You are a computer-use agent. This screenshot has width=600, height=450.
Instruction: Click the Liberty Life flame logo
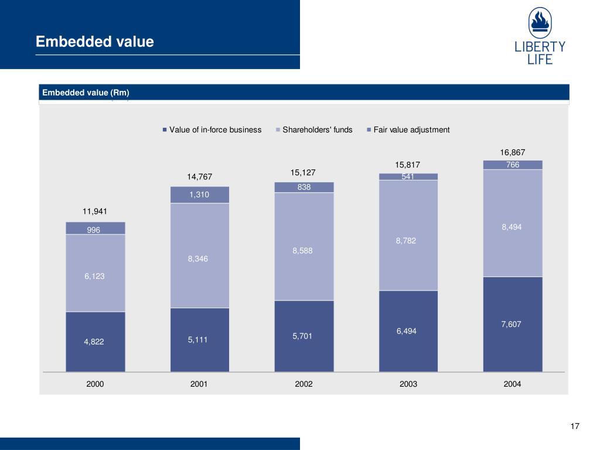tap(540, 23)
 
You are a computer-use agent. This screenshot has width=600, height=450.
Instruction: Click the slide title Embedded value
tap(94, 42)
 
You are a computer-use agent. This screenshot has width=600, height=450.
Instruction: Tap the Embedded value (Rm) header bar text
tap(84, 93)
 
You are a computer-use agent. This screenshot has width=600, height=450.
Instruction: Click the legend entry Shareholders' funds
tap(317, 129)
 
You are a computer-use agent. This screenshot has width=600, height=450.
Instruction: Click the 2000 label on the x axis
tap(95, 384)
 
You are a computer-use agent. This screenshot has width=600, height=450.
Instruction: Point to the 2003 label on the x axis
tap(408, 384)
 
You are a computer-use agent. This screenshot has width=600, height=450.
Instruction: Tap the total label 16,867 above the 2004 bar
tap(512, 152)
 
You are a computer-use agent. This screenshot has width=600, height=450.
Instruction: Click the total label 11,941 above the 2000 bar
tap(95, 211)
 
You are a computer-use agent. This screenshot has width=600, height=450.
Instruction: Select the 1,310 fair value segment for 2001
tap(199, 195)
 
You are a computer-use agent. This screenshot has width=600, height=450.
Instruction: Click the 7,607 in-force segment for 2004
tap(512, 323)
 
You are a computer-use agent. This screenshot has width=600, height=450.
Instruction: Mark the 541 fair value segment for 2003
tap(408, 176)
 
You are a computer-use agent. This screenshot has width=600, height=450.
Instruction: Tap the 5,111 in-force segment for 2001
tap(199, 339)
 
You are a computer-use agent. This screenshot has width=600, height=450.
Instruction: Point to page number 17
tap(574, 426)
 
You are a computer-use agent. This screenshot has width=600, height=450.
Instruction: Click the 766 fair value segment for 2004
tap(512, 165)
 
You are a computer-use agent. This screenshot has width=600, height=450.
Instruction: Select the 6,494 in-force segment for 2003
tap(408, 331)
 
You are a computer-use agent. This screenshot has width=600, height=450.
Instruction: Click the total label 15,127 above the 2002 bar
tap(304, 173)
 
